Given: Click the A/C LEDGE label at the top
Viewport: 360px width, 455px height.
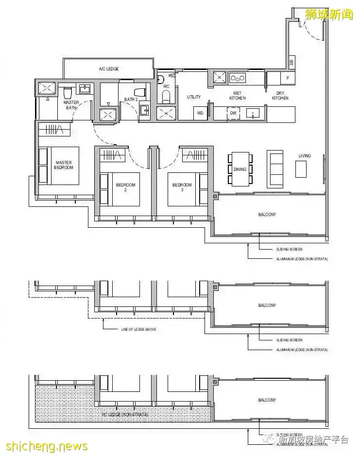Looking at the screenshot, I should tap(109, 69).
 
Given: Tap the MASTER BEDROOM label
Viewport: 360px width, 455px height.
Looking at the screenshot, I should tap(64, 165).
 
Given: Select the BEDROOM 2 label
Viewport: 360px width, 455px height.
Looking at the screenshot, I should tap(125, 187).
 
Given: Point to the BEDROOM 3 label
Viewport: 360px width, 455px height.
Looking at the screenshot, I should tap(182, 187).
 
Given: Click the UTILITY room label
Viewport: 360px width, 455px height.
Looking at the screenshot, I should tap(193, 97).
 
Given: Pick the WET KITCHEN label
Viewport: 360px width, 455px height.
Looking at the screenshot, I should tap(238, 96).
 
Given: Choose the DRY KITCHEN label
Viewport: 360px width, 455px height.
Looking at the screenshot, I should tap(280, 96).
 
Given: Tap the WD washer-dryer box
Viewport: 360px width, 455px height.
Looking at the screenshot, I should tap(199, 113).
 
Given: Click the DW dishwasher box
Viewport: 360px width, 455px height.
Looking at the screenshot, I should tap(233, 113).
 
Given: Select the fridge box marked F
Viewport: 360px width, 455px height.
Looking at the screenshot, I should tap(288, 78).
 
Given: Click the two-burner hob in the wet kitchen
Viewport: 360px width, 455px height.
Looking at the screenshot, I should tap(238, 77).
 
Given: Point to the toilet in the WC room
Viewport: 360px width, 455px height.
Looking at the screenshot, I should tap(166, 95).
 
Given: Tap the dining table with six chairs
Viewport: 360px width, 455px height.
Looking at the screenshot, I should tap(240, 169).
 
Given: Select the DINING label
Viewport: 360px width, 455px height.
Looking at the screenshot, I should tap(240, 169).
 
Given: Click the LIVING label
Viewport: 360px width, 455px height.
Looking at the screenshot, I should tap(305, 156).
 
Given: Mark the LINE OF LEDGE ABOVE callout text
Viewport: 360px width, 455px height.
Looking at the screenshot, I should tap(138, 329).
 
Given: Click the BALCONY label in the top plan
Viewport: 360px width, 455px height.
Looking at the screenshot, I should tap(267, 214).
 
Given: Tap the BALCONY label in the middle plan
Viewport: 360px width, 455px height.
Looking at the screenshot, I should tap(267, 305).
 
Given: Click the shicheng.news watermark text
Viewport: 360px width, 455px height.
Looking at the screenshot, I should tap(45, 446).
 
